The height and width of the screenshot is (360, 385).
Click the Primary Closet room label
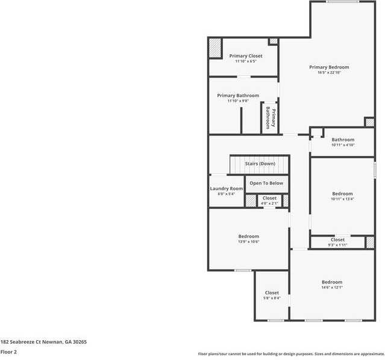[x=245, y=56]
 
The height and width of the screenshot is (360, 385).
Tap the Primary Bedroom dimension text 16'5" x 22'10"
[x=329, y=73]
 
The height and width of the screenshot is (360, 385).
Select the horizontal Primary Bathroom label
[x=238, y=96]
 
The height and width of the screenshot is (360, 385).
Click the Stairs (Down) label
[x=260, y=164]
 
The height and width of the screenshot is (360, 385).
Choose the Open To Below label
[x=266, y=183]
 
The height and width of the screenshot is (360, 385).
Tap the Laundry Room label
[x=226, y=188]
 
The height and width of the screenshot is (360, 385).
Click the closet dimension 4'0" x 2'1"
[x=269, y=203]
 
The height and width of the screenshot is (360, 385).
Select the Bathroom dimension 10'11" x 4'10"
[x=343, y=145]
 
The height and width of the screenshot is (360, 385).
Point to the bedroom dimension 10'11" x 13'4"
[x=342, y=199]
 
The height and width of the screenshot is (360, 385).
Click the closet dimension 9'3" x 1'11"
[x=337, y=245]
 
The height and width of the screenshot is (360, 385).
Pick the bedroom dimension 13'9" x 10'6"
[x=248, y=242]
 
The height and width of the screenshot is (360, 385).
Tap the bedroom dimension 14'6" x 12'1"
[x=331, y=288]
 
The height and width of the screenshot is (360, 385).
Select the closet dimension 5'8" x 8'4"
[x=272, y=298]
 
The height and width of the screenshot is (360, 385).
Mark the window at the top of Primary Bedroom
[x=343, y=2]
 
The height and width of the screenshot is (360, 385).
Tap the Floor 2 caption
[x=8, y=352]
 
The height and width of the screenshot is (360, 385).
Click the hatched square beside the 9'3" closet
[x=369, y=242]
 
